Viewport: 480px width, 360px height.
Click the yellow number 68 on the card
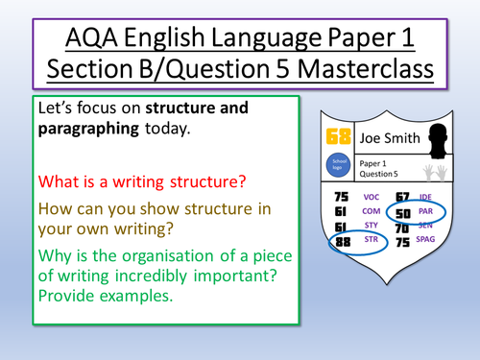pos(338,136)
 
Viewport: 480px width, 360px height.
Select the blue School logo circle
pos(338,163)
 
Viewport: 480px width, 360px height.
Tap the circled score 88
pos(338,243)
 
